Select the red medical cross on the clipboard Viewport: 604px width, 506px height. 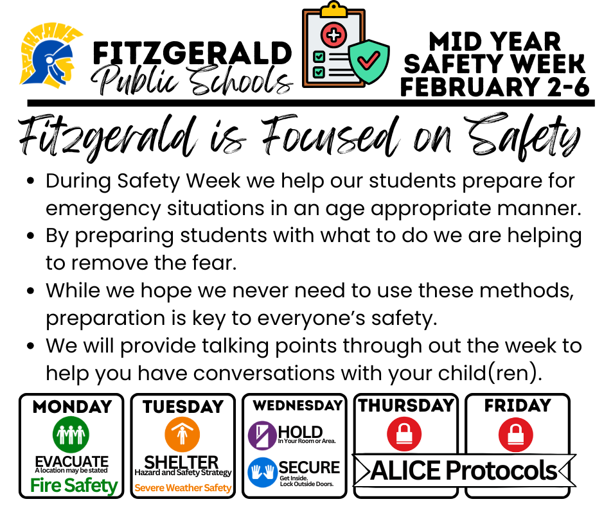[x=334, y=35]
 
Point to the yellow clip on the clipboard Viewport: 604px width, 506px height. [x=333, y=10]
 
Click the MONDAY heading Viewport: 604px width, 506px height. [x=71, y=406]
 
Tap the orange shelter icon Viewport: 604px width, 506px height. [x=182, y=435]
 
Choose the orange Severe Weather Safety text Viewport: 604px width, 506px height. [x=182, y=488]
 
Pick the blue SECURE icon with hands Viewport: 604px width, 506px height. [x=262, y=472]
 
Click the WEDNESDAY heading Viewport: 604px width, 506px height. [x=297, y=406]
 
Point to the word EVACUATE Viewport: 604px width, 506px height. [x=71, y=461]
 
